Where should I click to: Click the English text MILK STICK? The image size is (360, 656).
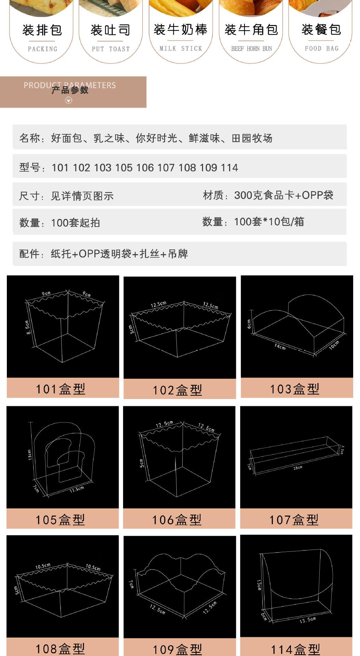pos(181,49)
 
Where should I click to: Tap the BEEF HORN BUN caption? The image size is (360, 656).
pos(251,49)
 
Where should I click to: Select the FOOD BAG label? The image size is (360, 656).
pos(321,49)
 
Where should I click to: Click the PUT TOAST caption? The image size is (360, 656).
pos(110,49)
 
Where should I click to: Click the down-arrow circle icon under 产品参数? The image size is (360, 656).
pos(69,100)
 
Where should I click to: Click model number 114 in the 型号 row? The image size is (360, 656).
pos(229,168)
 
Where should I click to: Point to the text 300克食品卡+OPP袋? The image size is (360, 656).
pos(283,195)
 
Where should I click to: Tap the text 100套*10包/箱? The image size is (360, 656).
pos(269,222)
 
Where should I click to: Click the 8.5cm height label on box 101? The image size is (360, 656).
pos(28,327)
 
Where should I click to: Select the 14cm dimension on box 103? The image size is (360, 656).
pos(280,347)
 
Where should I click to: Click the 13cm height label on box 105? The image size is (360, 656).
pos(30,455)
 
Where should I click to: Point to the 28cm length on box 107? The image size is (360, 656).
pos(297,468)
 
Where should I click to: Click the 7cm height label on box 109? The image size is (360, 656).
pos(131,584)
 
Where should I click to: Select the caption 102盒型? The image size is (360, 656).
pos(177,390)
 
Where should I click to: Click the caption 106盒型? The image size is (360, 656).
pos(177,520)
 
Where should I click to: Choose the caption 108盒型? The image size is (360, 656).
pos(60,648)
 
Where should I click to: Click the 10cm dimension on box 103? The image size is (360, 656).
pos(334,345)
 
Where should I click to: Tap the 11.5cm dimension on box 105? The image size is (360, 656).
pos(77,490)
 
